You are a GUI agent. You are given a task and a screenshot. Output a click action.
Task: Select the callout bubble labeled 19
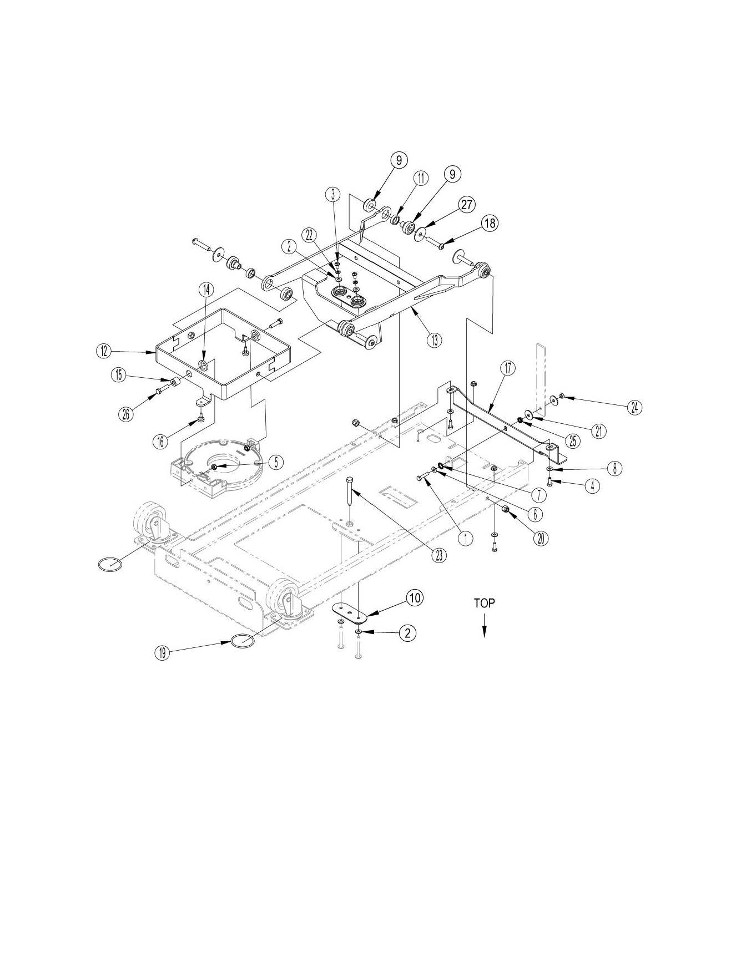tap(162, 653)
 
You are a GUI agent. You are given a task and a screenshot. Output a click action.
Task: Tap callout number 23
tap(439, 556)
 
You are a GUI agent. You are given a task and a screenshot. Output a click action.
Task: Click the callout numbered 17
tap(508, 368)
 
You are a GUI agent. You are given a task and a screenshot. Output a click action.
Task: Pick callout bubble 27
tap(466, 205)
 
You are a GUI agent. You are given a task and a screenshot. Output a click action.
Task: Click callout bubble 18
tap(489, 223)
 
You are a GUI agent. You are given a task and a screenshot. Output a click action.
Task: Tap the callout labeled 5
tap(276, 462)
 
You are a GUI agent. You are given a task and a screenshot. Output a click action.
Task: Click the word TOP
tap(484, 603)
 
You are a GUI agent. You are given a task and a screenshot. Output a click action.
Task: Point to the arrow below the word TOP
tap(484, 630)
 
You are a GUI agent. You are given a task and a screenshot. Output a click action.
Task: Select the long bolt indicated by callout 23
tap(349, 488)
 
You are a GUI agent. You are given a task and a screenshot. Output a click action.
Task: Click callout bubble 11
tap(420, 178)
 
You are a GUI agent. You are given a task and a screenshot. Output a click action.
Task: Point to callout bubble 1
tap(466, 537)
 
